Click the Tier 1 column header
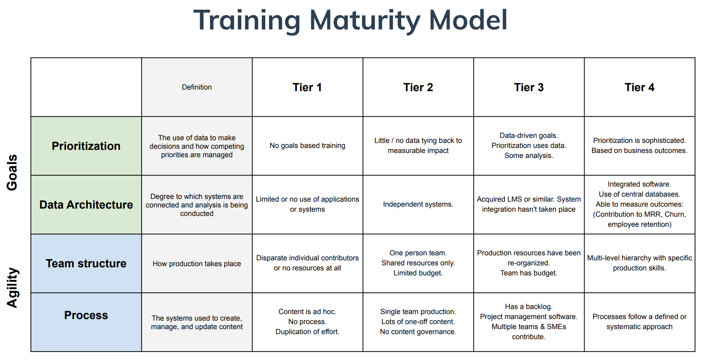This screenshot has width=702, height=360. point(307,87)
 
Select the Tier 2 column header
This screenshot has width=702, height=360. point(418,87)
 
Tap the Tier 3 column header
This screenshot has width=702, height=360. point(529,87)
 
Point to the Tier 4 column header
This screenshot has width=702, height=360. point(639,87)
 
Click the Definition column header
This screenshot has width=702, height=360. point(197,87)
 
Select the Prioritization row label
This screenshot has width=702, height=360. point(86,146)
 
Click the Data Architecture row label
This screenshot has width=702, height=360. point(86,205)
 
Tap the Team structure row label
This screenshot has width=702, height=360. point(86,263)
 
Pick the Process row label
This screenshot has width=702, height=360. point(86,315)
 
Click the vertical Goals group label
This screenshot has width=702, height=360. point(12,172)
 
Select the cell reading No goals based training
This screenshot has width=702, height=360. point(307,146)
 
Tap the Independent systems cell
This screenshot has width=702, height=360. point(418,204)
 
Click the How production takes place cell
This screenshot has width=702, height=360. point(197,264)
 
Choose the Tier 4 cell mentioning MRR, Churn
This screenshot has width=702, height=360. point(639,204)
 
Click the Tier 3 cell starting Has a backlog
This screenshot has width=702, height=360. point(529,322)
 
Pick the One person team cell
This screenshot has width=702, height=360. point(418,263)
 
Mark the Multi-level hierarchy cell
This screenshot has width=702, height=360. point(639,263)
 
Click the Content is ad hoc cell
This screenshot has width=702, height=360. point(307,322)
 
